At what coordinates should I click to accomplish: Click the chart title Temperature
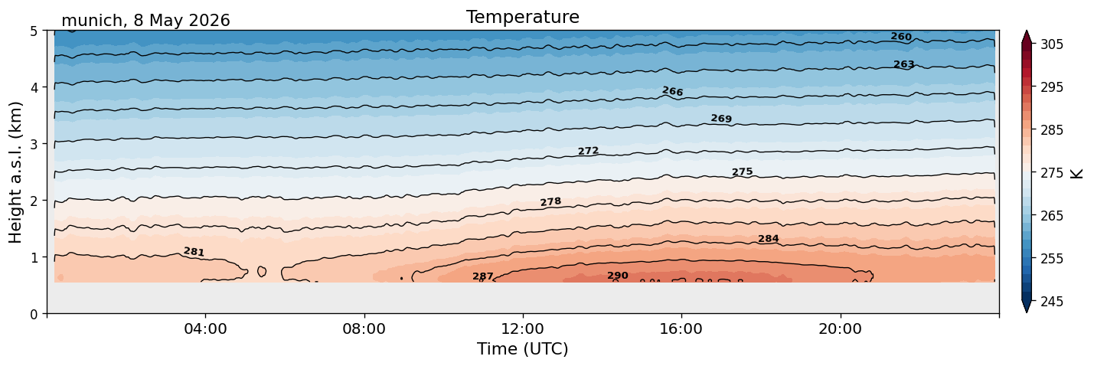[523, 17]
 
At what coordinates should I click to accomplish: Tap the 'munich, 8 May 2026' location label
[145, 21]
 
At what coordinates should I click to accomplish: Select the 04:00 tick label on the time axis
[206, 328]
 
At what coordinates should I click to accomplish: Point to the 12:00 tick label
[523, 328]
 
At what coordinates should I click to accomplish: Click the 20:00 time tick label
[841, 328]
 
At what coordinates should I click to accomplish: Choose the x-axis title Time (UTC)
[523, 349]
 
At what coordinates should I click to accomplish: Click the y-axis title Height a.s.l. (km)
[15, 172]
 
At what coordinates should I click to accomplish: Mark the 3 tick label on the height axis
[34, 144]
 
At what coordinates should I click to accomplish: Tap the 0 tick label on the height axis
[34, 314]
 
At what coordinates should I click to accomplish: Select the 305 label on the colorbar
[1051, 44]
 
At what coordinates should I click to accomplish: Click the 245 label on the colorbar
[1051, 302]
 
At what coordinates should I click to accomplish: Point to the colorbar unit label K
[1076, 174]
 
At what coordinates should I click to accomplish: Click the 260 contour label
[901, 37]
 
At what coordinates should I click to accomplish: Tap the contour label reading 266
[672, 91]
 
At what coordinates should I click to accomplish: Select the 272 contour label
[588, 151]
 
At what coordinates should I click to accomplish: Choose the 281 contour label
[194, 252]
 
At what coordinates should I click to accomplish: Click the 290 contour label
[617, 276]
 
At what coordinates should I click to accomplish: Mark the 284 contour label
[768, 239]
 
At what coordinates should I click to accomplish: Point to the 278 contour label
[550, 202]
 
